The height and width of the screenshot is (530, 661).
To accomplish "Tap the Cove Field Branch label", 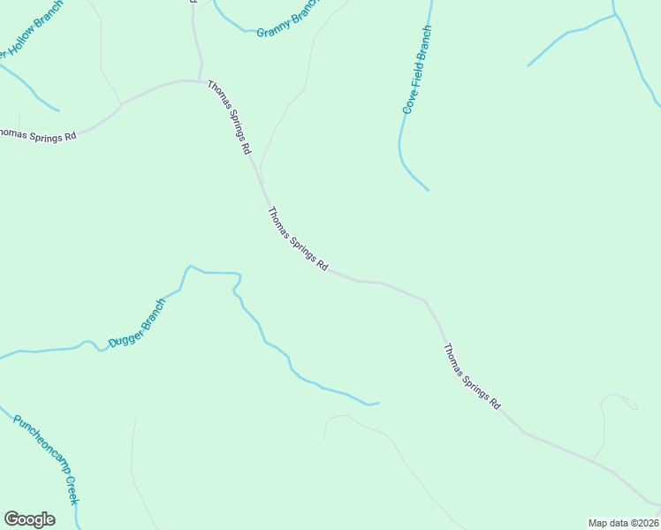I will click(x=416, y=70).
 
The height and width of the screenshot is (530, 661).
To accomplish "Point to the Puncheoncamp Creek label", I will click(x=47, y=458).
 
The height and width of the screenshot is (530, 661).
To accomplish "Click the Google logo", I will click(x=29, y=519).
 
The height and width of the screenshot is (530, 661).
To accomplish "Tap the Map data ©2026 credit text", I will click(x=623, y=523).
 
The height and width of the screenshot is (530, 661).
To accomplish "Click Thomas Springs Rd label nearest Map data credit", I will click(x=471, y=376).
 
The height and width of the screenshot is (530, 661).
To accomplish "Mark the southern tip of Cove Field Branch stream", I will click(x=429, y=190).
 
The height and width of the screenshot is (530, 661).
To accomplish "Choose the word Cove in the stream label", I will click(x=409, y=101).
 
